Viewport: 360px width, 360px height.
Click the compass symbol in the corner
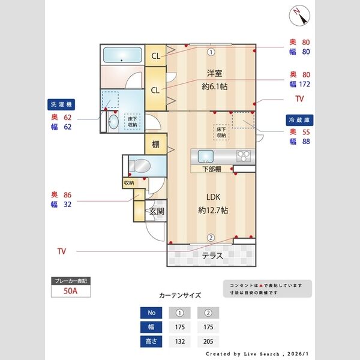pyautogui.click(x=298, y=15)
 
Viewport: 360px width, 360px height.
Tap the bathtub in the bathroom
pyautogui.click(x=122, y=56)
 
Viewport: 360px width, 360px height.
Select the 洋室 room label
pyautogui.click(x=215, y=73)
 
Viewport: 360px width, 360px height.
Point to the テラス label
pyautogui.click(x=212, y=255)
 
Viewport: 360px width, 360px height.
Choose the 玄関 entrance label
pyautogui.click(x=157, y=211)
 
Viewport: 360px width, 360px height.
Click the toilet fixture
pyautogui.click(x=139, y=166)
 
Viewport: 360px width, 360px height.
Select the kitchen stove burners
pyautogui.click(x=244, y=157)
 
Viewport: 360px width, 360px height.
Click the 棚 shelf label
pyautogui.click(x=155, y=144)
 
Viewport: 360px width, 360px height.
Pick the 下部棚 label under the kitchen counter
pyautogui.click(x=211, y=169)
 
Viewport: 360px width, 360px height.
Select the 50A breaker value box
pyautogui.click(x=71, y=292)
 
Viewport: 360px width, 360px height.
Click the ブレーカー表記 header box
pyautogui.click(x=71, y=280)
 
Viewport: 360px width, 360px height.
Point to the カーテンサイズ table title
pyautogui.click(x=180, y=295)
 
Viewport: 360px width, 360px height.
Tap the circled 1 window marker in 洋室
pyautogui.click(x=211, y=52)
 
